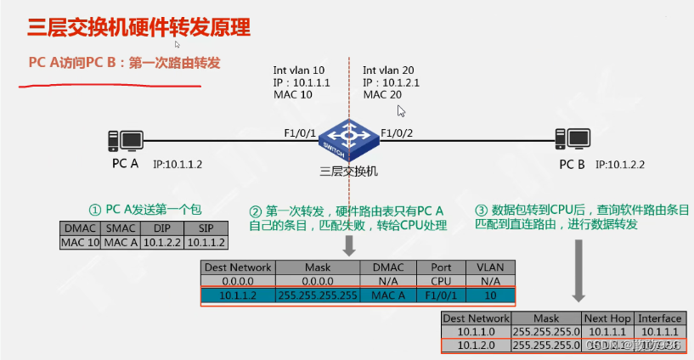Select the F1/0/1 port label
pos(300,132)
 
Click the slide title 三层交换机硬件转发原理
pos(139,27)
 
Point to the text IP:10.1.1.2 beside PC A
pos(178,163)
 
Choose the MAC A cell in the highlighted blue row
pos(388,296)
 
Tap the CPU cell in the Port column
pos(441,281)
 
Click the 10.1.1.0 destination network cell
pos(476,332)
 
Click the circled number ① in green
pos(96,209)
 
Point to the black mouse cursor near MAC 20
pos(402,110)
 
